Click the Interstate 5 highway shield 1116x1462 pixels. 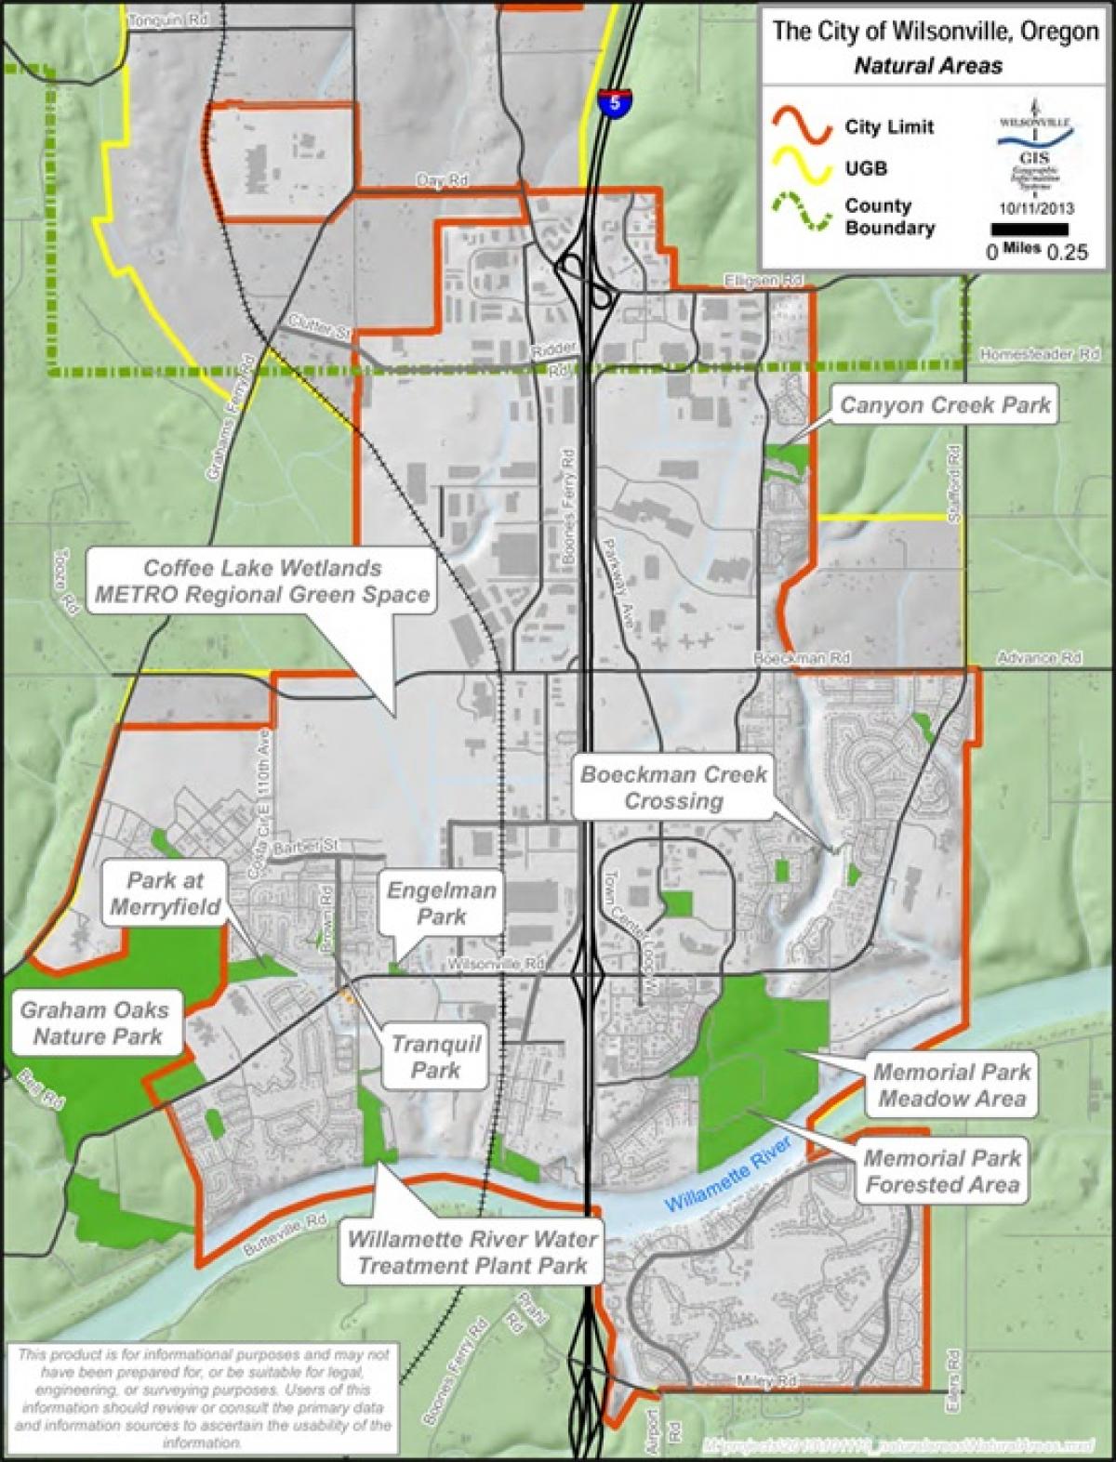[611, 99]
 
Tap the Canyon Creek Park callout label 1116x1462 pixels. [945, 405]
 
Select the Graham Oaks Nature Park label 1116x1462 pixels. [97, 1022]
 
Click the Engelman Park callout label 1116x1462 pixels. [442, 903]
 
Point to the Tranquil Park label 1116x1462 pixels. [435, 1057]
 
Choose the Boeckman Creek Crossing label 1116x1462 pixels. [673, 787]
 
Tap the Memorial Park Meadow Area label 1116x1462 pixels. [951, 1085]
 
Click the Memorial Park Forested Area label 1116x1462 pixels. [941, 1171]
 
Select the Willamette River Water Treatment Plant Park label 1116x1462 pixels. [472, 1252]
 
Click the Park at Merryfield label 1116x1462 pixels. [165, 893]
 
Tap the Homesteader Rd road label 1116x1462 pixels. [1040, 354]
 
